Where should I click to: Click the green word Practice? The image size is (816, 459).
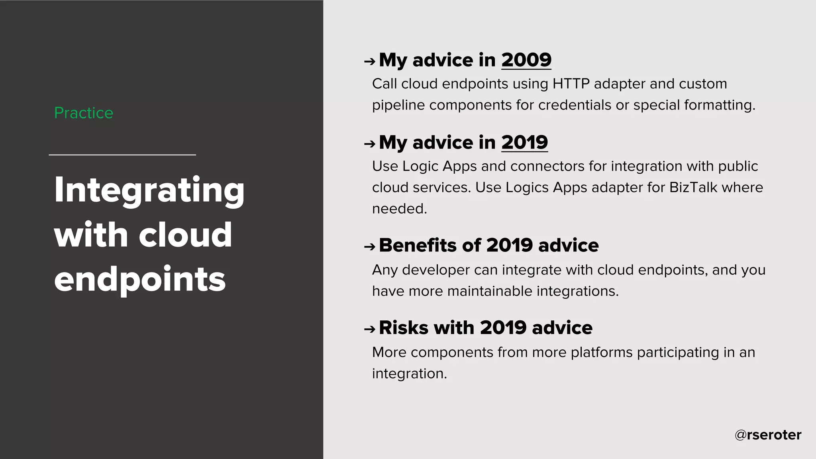pos(84,113)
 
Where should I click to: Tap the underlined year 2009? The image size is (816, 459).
pos(526,60)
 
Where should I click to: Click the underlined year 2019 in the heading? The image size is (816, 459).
pos(524,143)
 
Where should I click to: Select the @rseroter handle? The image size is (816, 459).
pos(768,435)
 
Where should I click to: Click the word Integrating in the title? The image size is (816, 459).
pos(149,190)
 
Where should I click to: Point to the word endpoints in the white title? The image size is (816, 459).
pos(140,280)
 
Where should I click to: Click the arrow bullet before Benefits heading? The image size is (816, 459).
pos(369,247)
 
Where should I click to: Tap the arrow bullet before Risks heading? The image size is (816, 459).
pos(369,329)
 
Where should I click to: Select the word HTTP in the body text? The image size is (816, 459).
pos(571,84)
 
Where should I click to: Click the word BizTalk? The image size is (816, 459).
pos(693,187)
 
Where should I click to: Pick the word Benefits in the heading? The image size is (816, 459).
pos(418,245)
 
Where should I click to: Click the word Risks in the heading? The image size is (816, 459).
pos(404,328)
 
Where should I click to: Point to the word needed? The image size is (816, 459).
pos(399,209)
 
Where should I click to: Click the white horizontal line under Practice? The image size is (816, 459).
pos(122,155)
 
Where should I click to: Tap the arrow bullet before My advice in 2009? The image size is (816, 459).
pos(369,61)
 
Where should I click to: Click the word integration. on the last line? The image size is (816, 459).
pos(409,374)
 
